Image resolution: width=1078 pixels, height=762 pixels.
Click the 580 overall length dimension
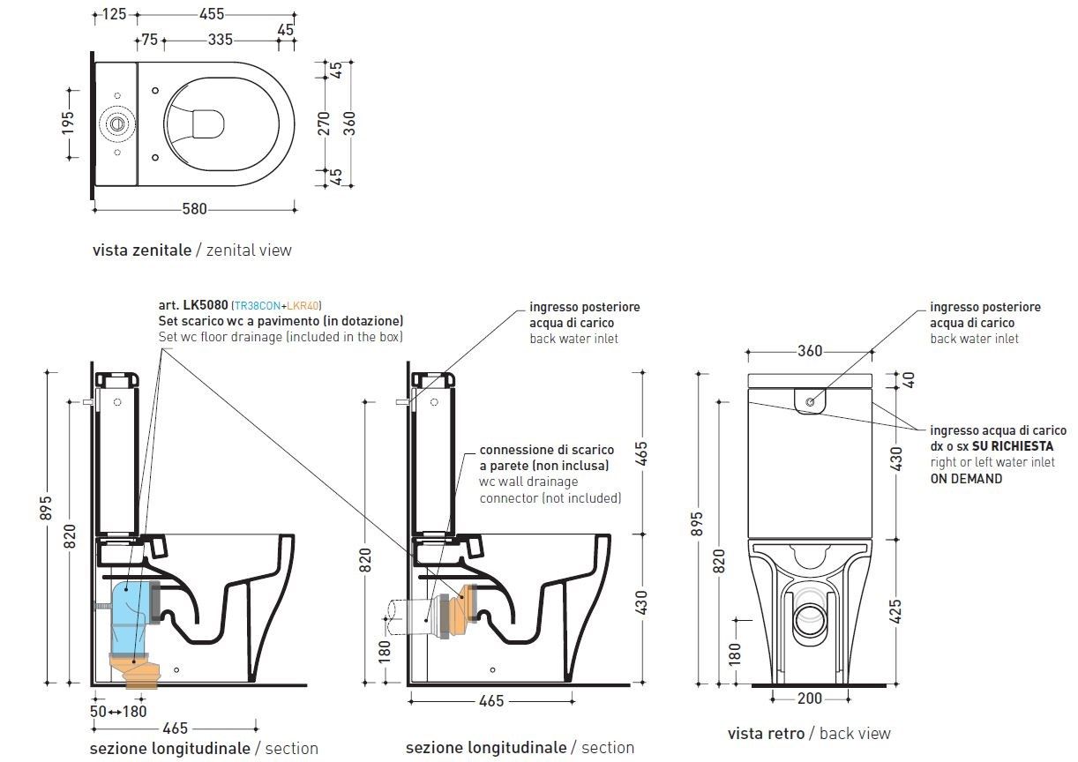tap(194, 209)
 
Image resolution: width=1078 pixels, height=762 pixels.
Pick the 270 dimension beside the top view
tap(324, 123)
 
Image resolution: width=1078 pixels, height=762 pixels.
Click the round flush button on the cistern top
tap(116, 123)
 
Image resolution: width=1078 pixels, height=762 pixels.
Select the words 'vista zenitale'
tap(141, 250)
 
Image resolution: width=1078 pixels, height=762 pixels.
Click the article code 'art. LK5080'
tap(193, 304)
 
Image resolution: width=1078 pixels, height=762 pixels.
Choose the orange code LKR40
tap(305, 304)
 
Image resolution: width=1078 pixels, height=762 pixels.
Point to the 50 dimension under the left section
tap(98, 711)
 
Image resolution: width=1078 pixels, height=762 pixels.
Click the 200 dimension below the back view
tap(809, 698)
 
